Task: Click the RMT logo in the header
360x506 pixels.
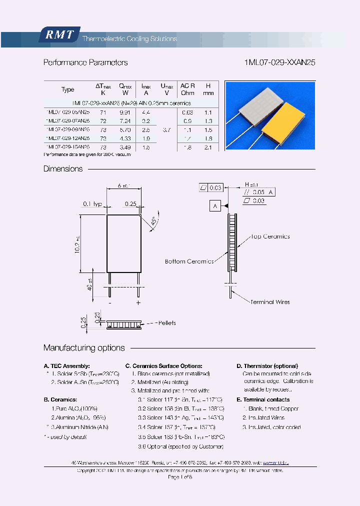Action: pyautogui.click(x=59, y=35)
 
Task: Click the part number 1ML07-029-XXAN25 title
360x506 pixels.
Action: pyautogui.click(x=279, y=63)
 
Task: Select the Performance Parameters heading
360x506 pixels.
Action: pyautogui.click(x=85, y=63)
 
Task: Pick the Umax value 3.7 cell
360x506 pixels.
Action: pyautogui.click(x=166, y=129)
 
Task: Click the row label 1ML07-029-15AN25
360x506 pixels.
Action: pyautogui.click(x=68, y=147)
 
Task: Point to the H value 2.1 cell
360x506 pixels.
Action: pyautogui.click(x=208, y=147)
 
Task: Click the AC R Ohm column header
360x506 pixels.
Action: pyautogui.click(x=187, y=89)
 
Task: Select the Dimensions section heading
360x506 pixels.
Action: pyautogui.click(x=63, y=169)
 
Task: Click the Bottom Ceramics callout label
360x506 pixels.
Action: pyautogui.click(x=189, y=261)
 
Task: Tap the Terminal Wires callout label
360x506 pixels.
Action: pyautogui.click(x=270, y=302)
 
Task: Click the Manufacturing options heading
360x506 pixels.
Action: pyautogui.click(x=84, y=348)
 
